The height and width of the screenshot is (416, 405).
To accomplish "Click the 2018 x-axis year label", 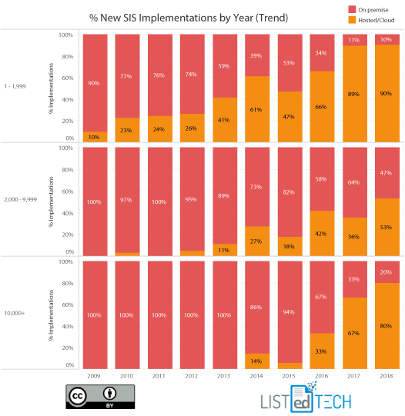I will pos(387,377).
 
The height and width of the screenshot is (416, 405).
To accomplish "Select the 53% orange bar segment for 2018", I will pos(387,227).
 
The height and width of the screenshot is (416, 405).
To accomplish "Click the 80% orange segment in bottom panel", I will pos(387,325).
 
